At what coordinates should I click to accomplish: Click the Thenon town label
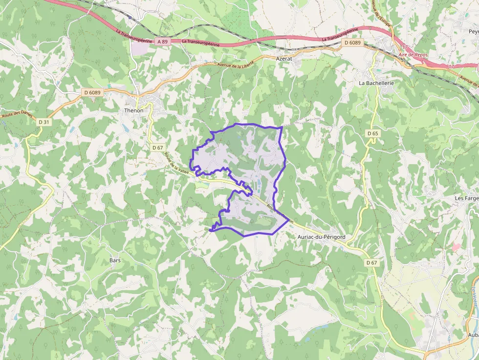pos(133,110)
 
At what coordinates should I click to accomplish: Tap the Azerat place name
pos(284,58)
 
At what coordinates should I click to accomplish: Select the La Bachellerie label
pos(376,83)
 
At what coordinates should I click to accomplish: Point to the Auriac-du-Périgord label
pos(321,237)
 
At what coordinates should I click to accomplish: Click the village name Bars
pos(115,260)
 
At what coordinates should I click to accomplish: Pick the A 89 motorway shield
pos(163,42)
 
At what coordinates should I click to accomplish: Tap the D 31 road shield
pos(44,122)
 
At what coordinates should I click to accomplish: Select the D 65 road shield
pos(372,133)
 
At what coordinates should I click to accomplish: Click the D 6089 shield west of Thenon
pos(92,92)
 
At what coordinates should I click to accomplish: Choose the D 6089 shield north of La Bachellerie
pos(352,43)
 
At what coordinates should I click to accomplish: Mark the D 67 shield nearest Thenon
pos(157,147)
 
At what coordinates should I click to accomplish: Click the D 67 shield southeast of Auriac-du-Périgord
pos(372,263)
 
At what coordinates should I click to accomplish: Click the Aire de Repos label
pos(413,55)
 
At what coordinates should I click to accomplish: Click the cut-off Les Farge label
pos(466,198)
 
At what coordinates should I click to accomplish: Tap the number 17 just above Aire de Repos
pos(405,47)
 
